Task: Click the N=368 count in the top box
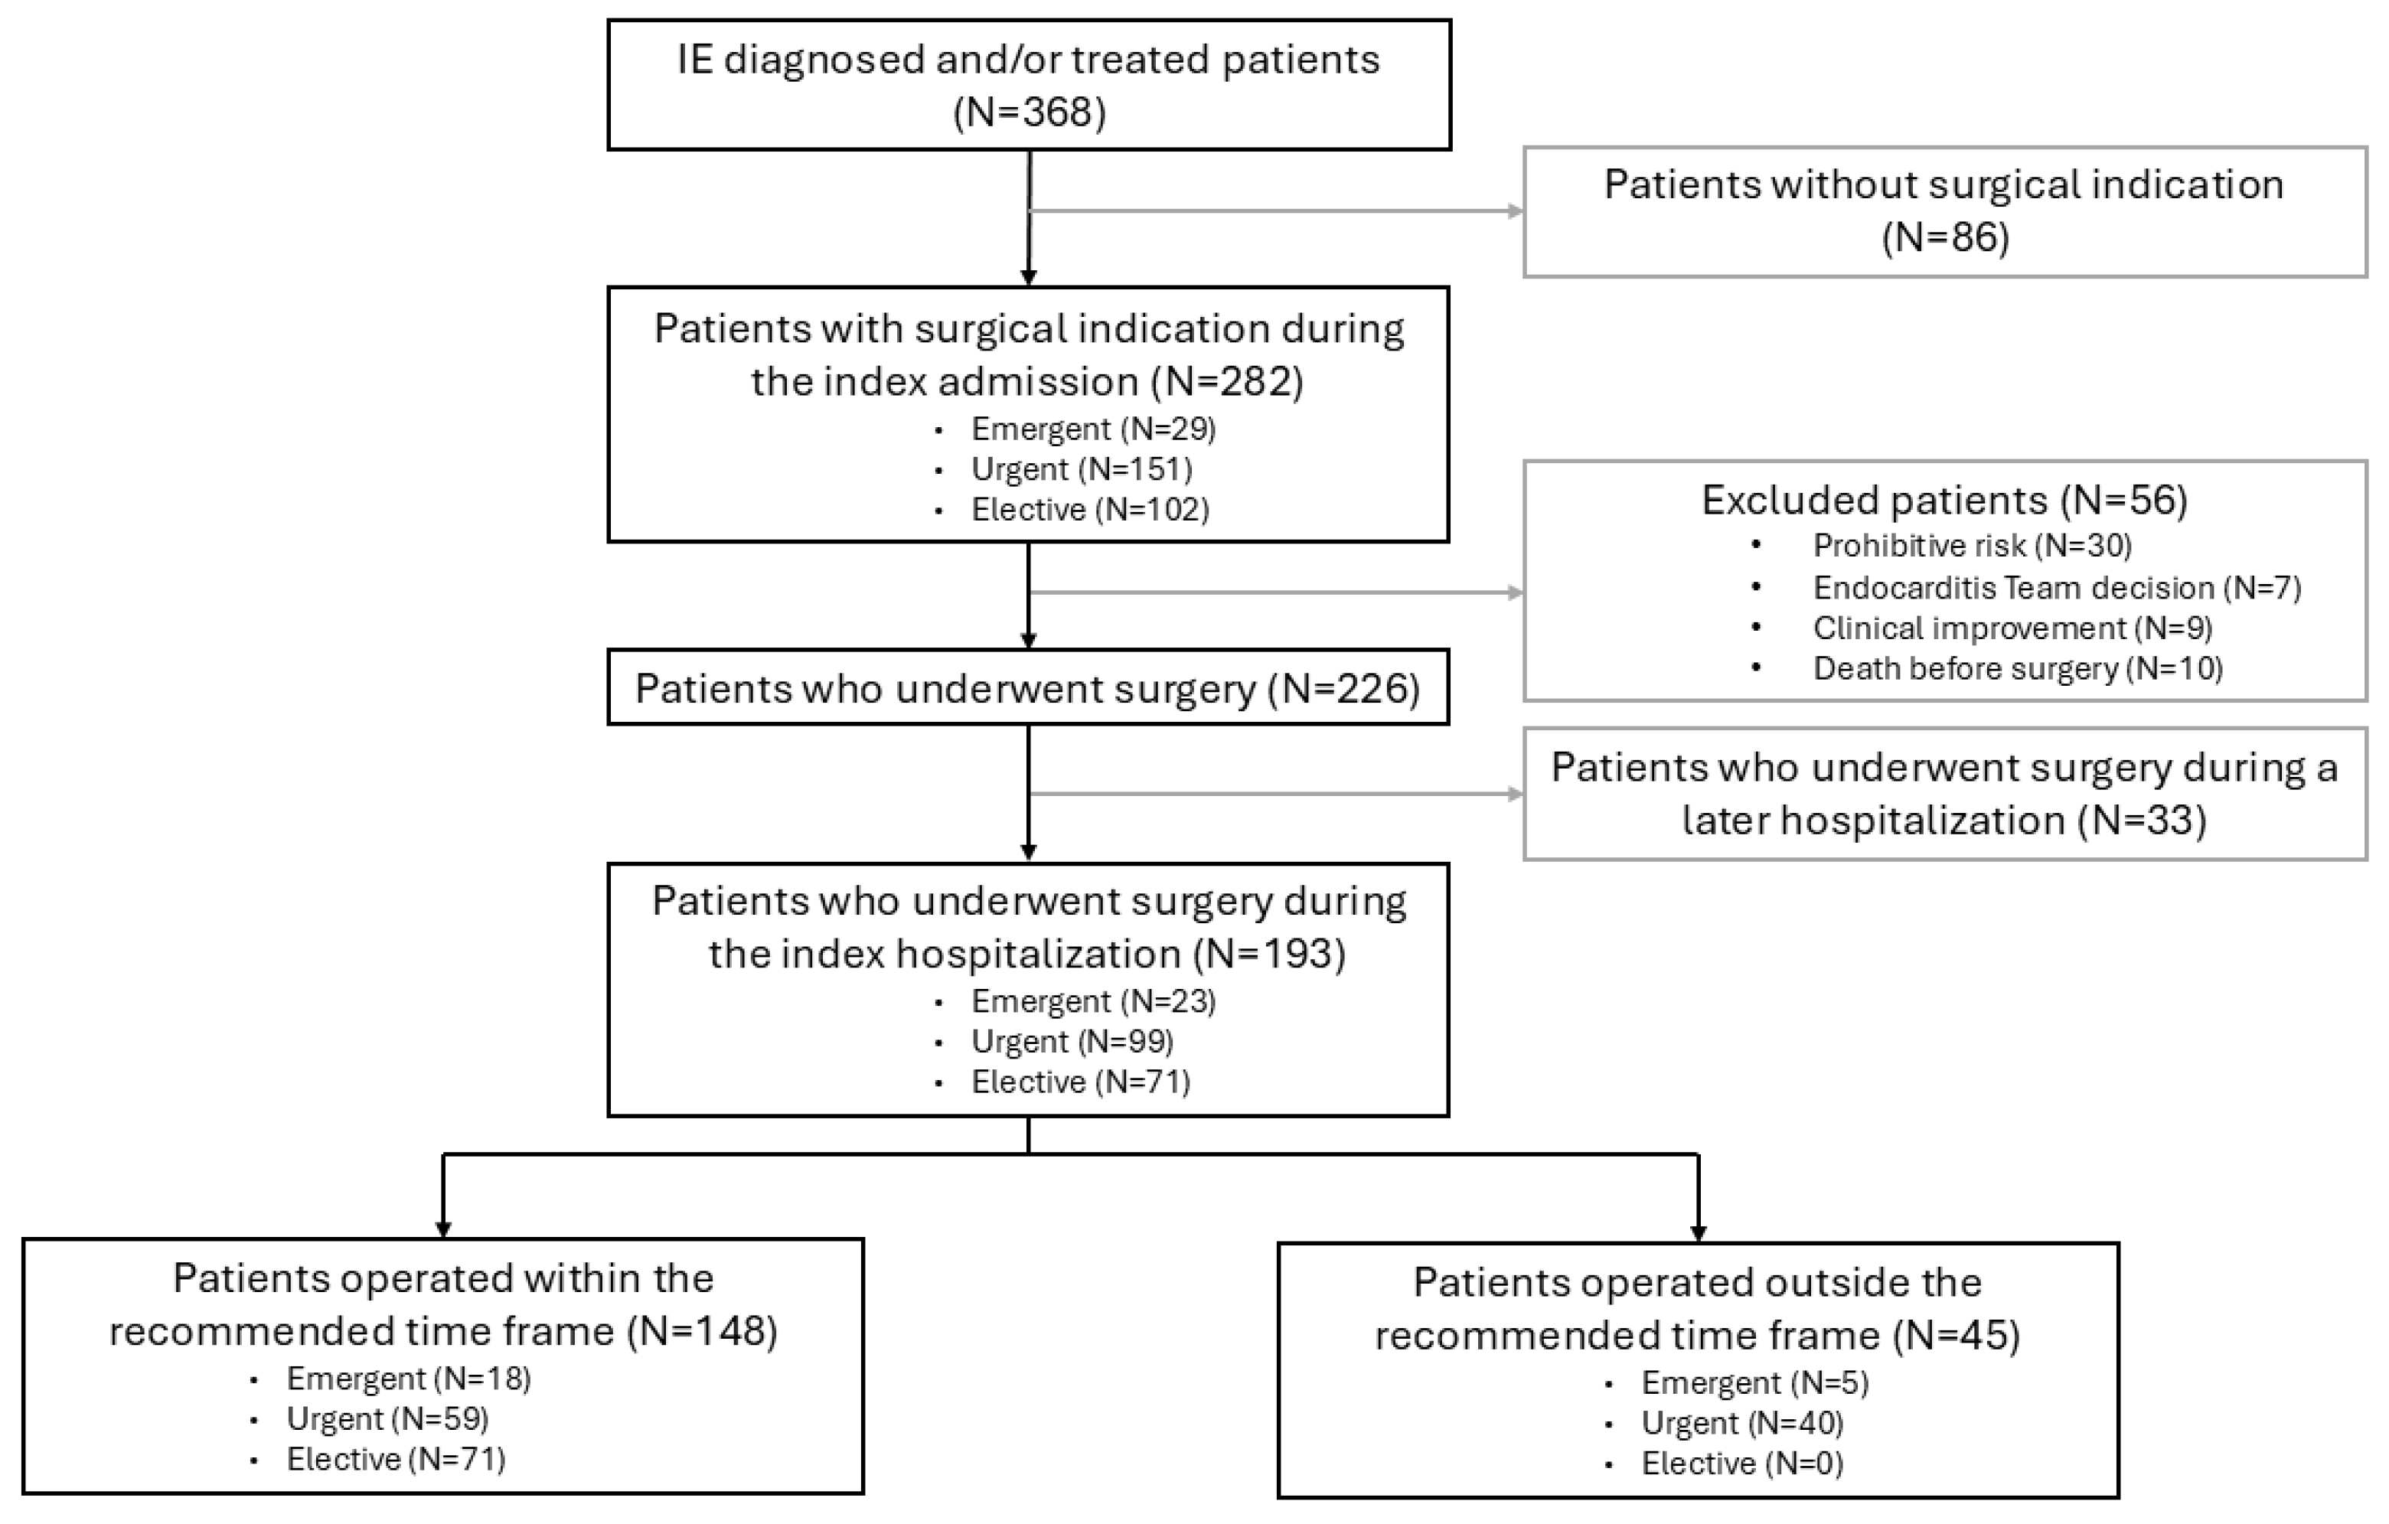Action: click(1029, 112)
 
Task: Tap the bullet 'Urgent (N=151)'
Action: click(1082, 468)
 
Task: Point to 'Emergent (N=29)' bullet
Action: click(1093, 429)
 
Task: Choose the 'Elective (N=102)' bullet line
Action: click(1090, 509)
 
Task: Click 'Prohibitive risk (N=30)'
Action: click(1973, 546)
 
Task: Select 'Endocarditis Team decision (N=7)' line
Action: click(2057, 587)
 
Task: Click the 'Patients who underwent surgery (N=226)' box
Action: click(1029, 687)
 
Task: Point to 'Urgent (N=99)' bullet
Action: click(1072, 1041)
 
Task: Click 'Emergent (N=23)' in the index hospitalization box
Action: click(1093, 1001)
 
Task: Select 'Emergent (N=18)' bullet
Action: click(409, 1378)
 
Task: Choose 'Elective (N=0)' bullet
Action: click(1742, 1464)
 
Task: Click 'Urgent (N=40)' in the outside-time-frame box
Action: click(1742, 1423)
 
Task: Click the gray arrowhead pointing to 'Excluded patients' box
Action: click(1515, 592)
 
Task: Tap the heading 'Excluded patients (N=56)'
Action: click(1944, 500)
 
